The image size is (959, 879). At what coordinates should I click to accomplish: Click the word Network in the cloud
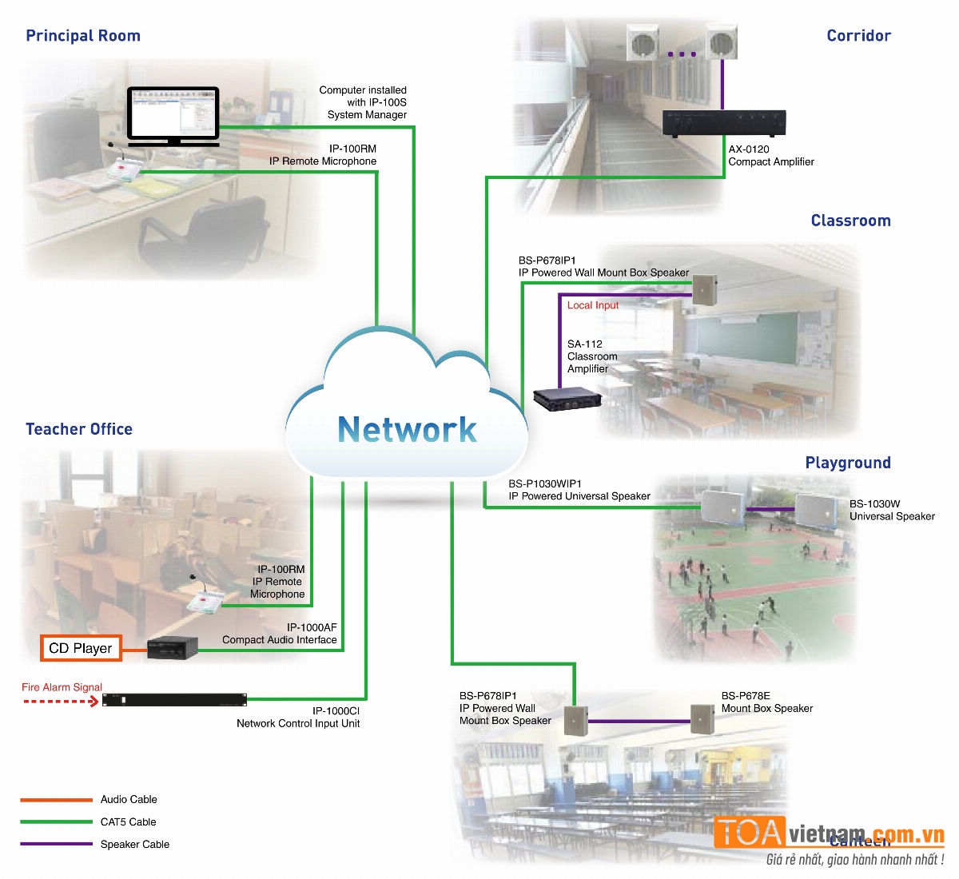pos(407,430)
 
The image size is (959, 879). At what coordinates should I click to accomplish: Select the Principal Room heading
pos(83,36)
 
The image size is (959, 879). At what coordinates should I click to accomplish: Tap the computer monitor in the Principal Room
pos(173,114)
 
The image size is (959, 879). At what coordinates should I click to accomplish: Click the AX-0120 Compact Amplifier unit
pos(724,123)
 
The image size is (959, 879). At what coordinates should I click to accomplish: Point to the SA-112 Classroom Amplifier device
pos(567,398)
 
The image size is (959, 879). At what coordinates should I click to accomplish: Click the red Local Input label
pos(592,305)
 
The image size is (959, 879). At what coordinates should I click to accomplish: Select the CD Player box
pos(81,648)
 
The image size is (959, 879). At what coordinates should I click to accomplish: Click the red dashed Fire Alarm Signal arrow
pos(61,702)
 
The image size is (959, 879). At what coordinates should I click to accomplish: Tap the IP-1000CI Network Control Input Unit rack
pos(174,701)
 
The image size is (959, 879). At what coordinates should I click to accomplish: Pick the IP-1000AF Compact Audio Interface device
pos(173,647)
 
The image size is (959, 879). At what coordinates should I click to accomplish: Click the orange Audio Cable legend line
pos(56,799)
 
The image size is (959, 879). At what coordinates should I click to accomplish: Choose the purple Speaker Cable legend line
pos(56,844)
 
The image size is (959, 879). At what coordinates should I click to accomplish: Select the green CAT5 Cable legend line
pos(56,821)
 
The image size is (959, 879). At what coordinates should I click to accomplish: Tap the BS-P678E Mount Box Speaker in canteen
pos(702,720)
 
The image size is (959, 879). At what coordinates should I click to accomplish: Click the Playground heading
pos(847,463)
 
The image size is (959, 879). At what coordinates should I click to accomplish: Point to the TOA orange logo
pos(749,833)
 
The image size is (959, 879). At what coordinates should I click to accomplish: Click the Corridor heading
pos(858,36)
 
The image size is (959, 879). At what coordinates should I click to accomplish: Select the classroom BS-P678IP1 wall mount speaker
pos(704,289)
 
